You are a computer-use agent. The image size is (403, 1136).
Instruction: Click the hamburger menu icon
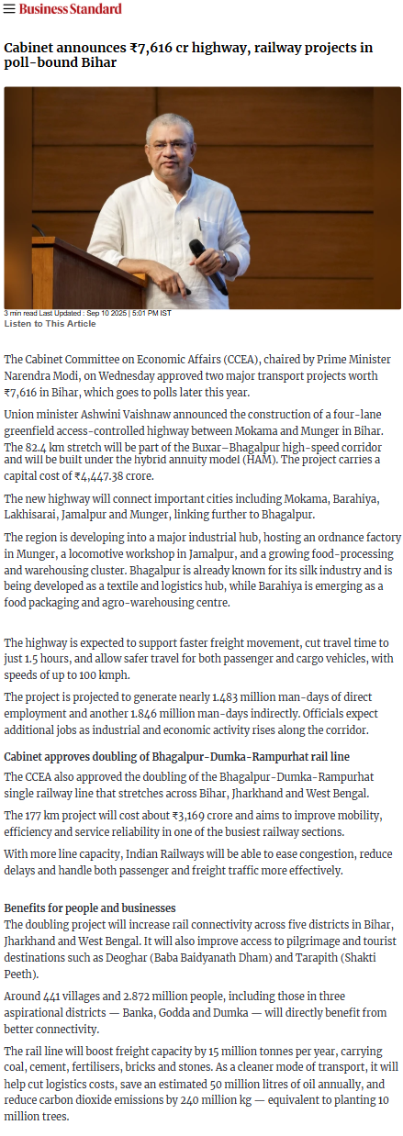(x=9, y=9)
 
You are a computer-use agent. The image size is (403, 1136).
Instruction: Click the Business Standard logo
(x=70, y=9)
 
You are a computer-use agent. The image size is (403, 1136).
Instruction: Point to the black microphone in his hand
(x=207, y=265)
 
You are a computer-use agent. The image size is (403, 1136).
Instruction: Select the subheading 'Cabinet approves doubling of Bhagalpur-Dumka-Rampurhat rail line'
(x=176, y=756)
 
